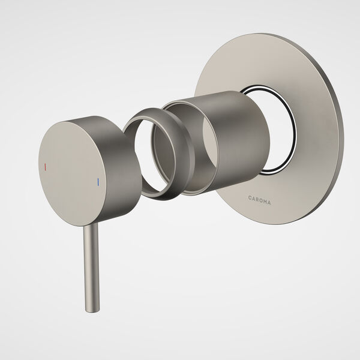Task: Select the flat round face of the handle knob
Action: (x=72, y=156)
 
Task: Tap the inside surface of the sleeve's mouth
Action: (x=180, y=144)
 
